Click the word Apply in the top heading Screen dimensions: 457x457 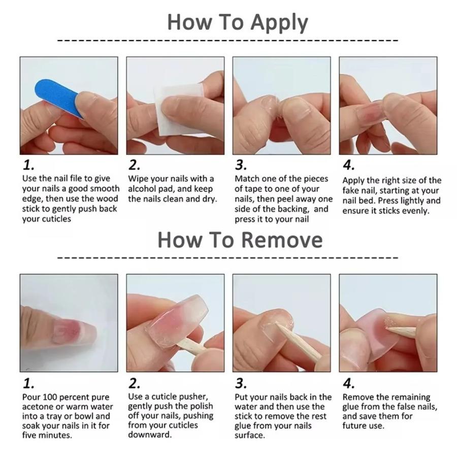(x=280, y=23)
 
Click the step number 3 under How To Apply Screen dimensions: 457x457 (x=241, y=165)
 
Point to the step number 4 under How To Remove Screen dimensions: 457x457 (x=348, y=383)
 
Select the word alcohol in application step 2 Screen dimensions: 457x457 (x=143, y=189)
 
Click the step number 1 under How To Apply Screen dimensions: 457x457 (x=28, y=165)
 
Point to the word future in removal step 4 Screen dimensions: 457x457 (x=354, y=426)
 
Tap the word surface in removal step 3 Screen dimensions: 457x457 (x=249, y=436)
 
